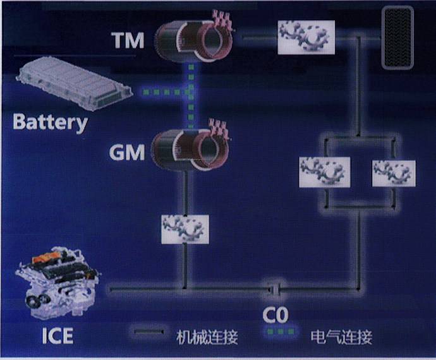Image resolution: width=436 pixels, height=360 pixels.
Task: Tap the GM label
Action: coord(127,152)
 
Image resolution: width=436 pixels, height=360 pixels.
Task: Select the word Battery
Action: coord(50,121)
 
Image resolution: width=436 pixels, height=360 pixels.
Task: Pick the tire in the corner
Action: coord(397,37)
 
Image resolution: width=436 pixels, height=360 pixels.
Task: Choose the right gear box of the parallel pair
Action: coord(393,172)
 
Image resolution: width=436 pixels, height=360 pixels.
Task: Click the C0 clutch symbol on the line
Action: coord(274,291)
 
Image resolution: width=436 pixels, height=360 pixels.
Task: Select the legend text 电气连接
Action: coord(341,337)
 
